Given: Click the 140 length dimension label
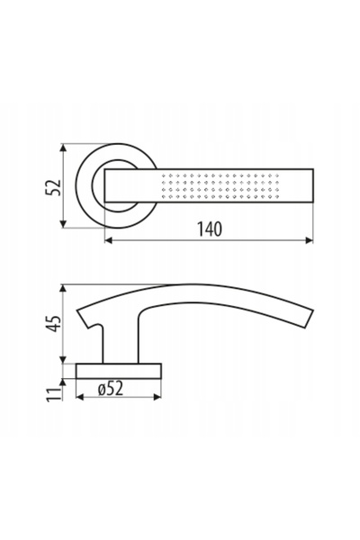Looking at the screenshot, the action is [210, 229].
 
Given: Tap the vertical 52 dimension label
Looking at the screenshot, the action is [53, 187].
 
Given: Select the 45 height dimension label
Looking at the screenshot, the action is [54, 324].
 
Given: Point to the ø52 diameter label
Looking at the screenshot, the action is [110, 389].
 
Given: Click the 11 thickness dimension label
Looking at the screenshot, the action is [54, 394].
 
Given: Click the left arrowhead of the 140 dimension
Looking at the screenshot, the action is [109, 240].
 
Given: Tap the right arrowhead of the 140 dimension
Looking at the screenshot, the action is [309, 240].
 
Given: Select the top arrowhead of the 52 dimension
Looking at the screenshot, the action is [63, 148].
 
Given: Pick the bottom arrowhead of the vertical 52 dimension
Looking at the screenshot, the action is [63, 223].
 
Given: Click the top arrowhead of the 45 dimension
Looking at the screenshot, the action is [63, 289].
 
